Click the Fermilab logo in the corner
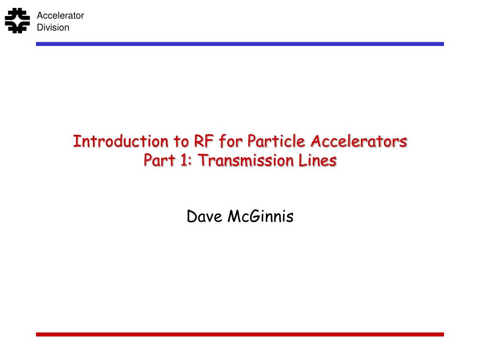click(x=17, y=21)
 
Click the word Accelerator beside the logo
click(x=60, y=15)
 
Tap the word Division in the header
click(x=53, y=27)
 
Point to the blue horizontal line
click(x=240, y=44)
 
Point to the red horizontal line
click(x=240, y=335)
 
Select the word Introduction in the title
click(x=120, y=142)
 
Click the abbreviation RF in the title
click(x=203, y=142)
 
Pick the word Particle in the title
click(x=276, y=141)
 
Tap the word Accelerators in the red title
click(x=359, y=142)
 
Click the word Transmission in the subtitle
click(x=246, y=160)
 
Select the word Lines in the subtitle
click(x=318, y=160)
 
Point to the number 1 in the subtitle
click(x=184, y=160)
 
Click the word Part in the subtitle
click(x=159, y=160)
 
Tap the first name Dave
click(x=204, y=217)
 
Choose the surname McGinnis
click(x=261, y=217)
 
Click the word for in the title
click(x=231, y=142)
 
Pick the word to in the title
click(x=181, y=142)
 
